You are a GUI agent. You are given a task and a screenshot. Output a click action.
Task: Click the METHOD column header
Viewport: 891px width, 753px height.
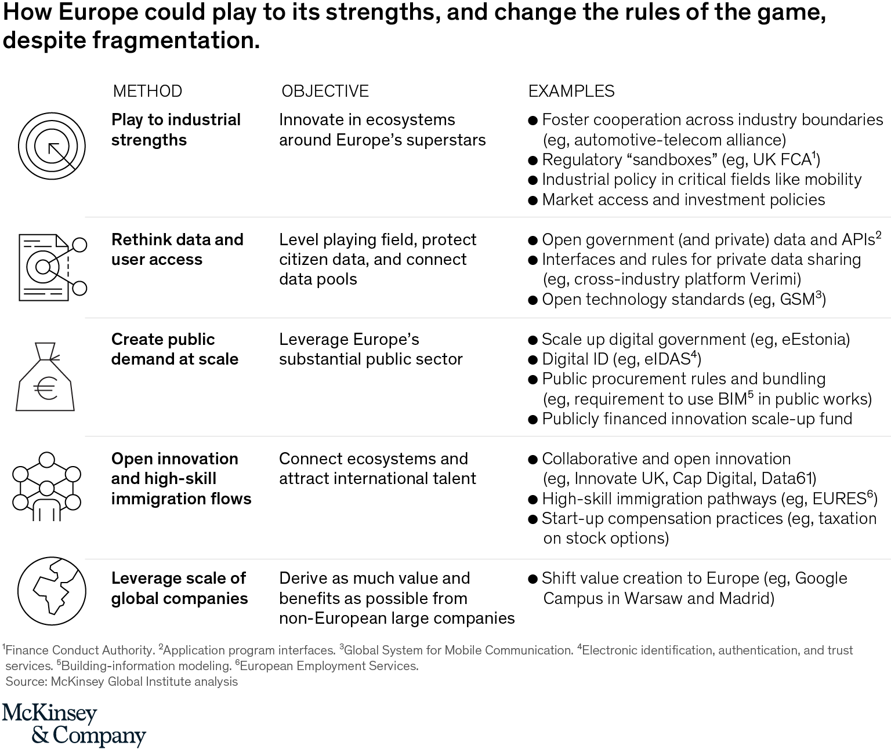(147, 91)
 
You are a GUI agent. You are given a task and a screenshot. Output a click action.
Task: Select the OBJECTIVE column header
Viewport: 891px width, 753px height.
(325, 91)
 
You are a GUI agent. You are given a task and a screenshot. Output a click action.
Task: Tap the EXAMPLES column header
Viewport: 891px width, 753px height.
(571, 91)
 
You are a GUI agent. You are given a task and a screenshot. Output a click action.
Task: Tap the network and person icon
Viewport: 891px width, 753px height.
(46, 486)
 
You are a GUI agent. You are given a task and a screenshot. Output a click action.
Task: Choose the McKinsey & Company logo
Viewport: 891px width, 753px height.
(74, 725)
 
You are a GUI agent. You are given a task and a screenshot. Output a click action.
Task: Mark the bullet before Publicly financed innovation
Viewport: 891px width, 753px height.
(533, 420)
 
